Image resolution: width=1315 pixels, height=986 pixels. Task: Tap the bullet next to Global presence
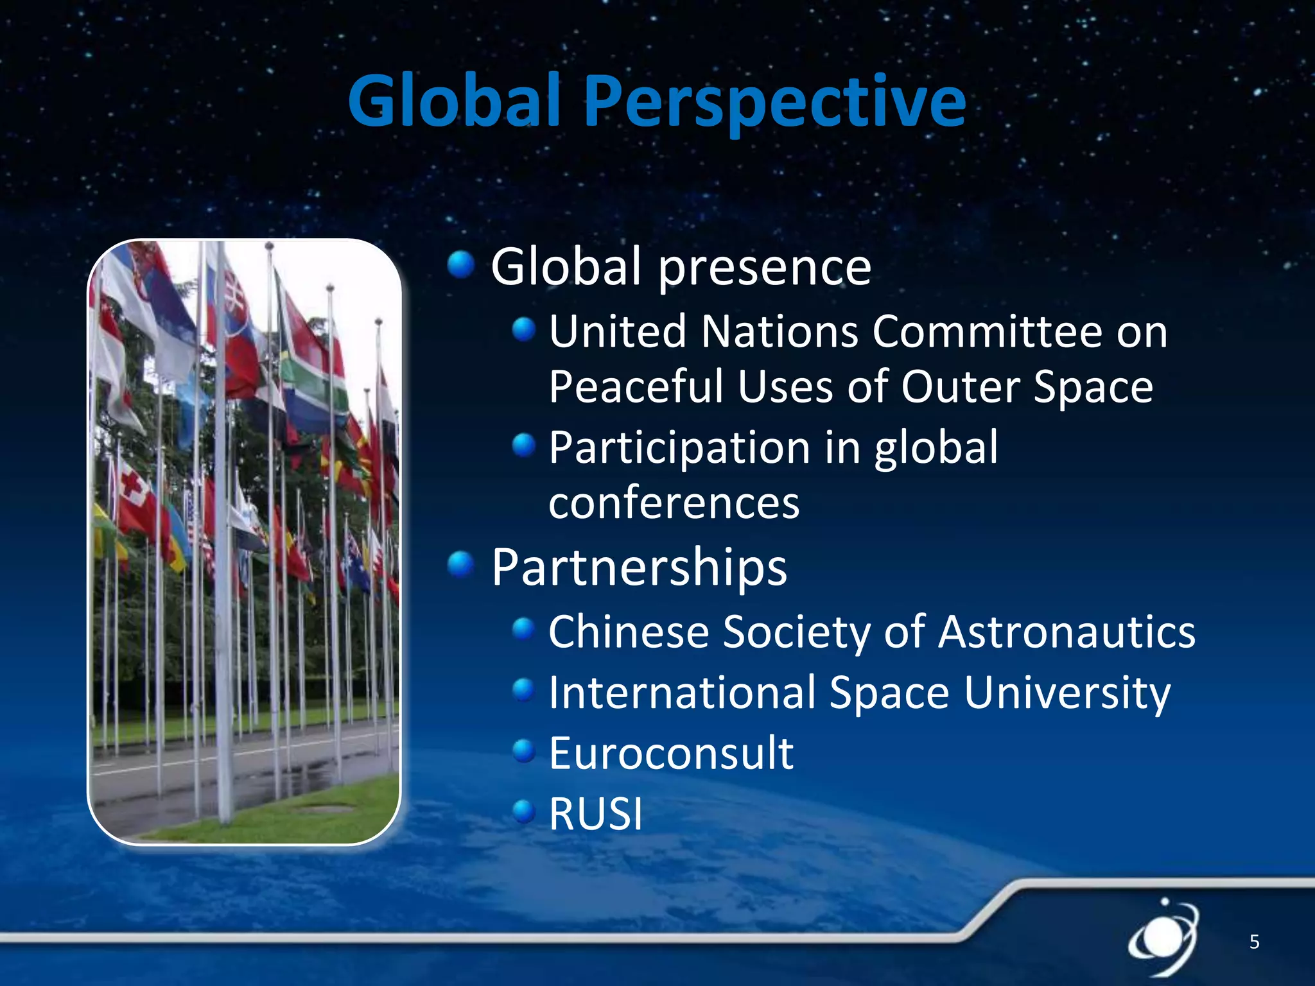coord(460,264)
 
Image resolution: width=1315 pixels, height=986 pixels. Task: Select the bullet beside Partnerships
coord(460,565)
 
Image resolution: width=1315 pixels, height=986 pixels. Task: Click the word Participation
coord(679,448)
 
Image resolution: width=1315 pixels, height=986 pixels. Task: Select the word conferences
coord(674,503)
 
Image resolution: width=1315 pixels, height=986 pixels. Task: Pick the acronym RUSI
coord(595,814)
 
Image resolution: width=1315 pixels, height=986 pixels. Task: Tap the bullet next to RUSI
coord(524,811)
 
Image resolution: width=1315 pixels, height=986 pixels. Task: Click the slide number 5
coord(1253,942)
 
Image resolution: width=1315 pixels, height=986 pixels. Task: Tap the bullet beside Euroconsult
coord(524,750)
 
